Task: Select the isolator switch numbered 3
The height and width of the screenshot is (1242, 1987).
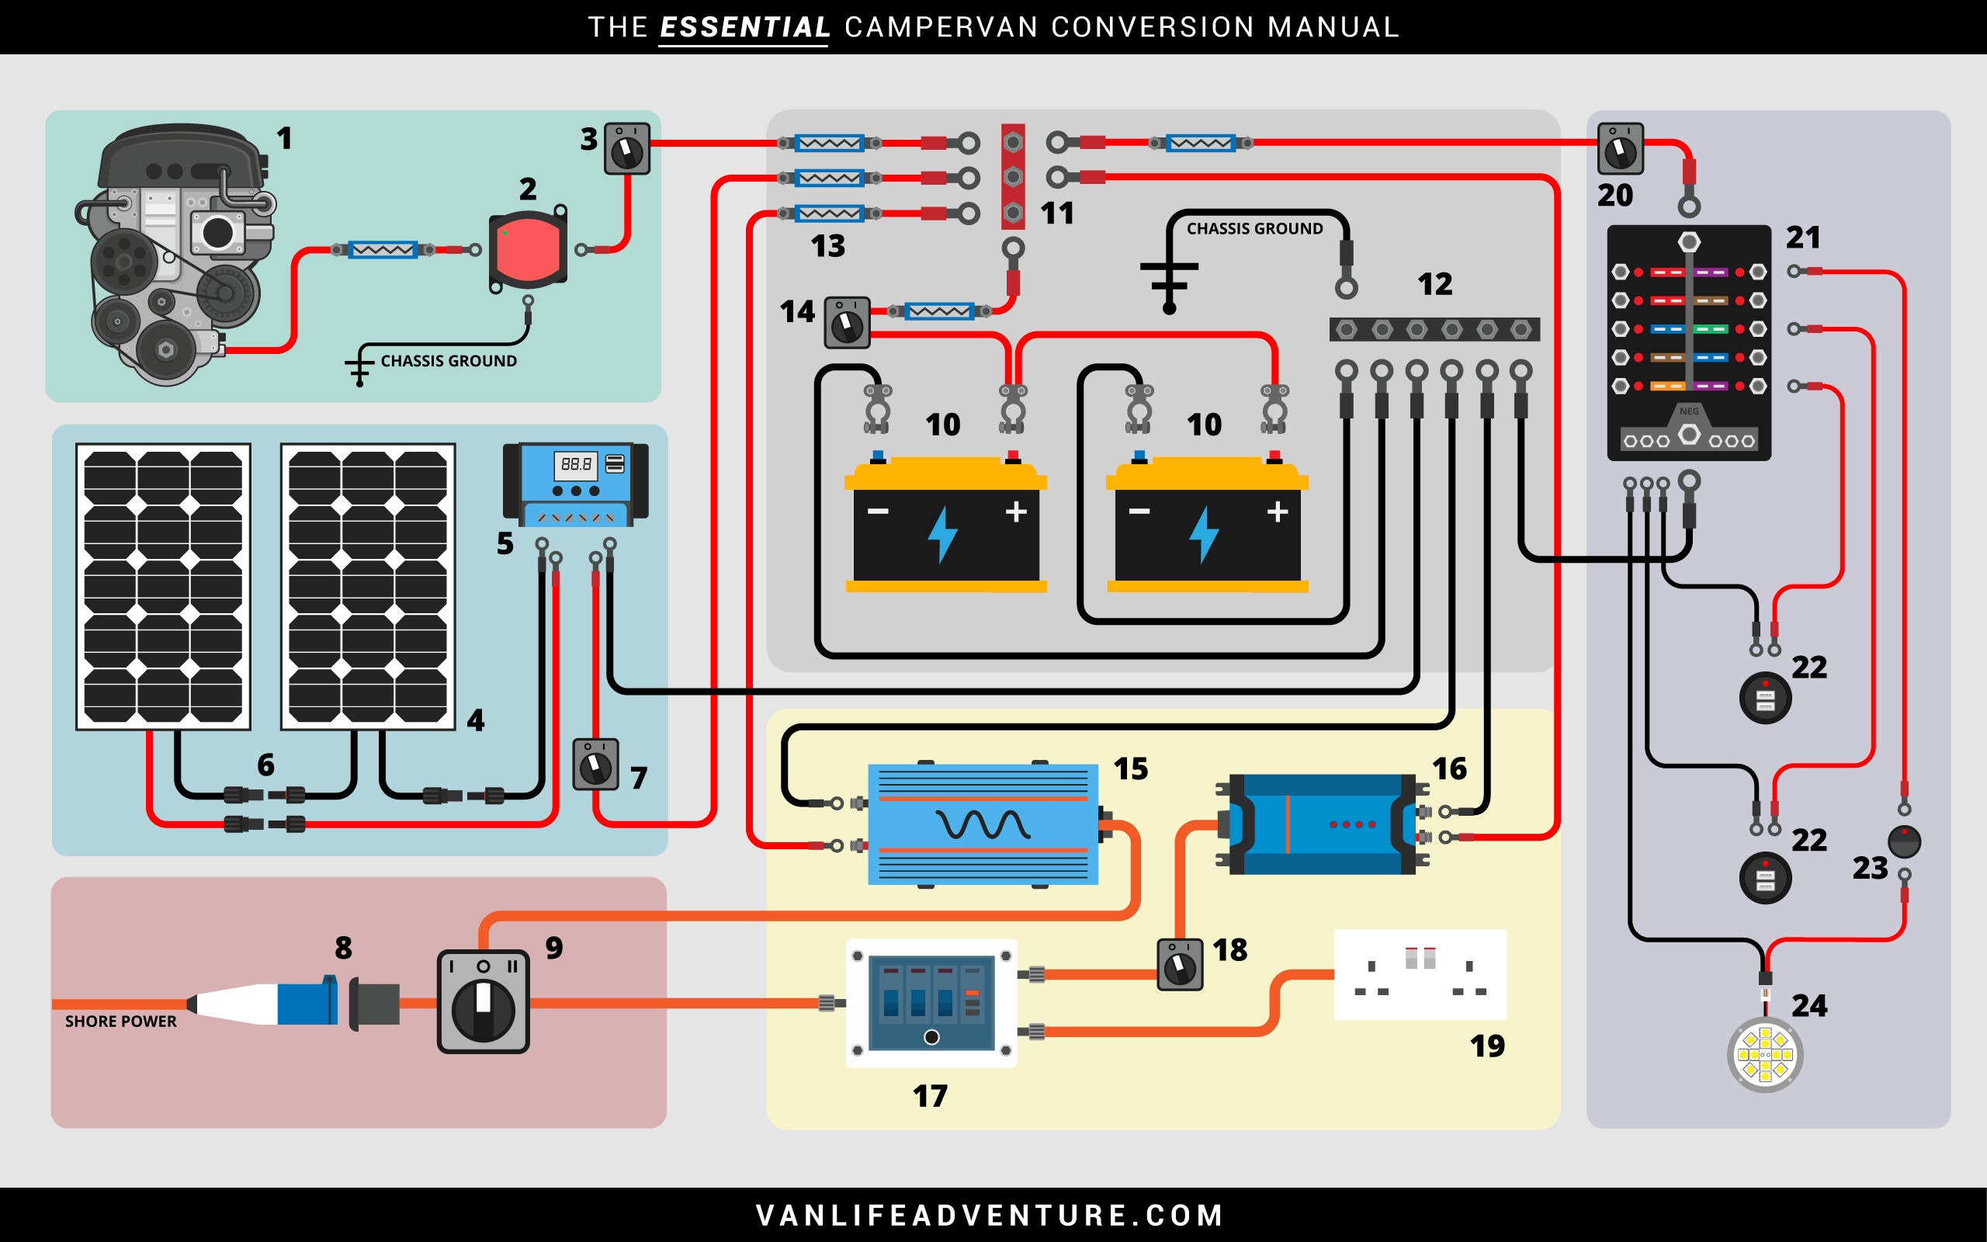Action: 626,149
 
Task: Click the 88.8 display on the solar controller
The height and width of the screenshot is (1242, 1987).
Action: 576,464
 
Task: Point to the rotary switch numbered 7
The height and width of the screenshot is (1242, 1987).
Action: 595,765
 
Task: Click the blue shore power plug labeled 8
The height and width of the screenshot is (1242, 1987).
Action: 306,1003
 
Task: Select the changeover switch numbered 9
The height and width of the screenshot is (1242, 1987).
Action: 483,1002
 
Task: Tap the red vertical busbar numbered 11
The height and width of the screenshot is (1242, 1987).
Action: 1013,177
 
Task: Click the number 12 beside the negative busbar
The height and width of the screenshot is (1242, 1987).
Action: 1434,284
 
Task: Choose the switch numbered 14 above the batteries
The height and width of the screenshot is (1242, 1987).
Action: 847,323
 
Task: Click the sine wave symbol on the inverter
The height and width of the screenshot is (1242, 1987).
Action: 983,824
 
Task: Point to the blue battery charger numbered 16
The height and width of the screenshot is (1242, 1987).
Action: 1322,824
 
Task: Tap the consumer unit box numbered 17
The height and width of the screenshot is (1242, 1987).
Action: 931,1003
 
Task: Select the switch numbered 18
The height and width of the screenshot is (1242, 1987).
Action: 1180,965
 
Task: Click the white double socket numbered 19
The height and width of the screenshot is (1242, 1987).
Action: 1420,974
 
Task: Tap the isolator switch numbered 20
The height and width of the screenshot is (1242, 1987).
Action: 1620,149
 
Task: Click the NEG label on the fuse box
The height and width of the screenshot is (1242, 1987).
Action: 1689,411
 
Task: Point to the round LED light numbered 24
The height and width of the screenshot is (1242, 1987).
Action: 1765,1055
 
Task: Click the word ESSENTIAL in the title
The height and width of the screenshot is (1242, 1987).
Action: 744,27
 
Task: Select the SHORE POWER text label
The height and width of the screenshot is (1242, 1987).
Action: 121,1021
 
